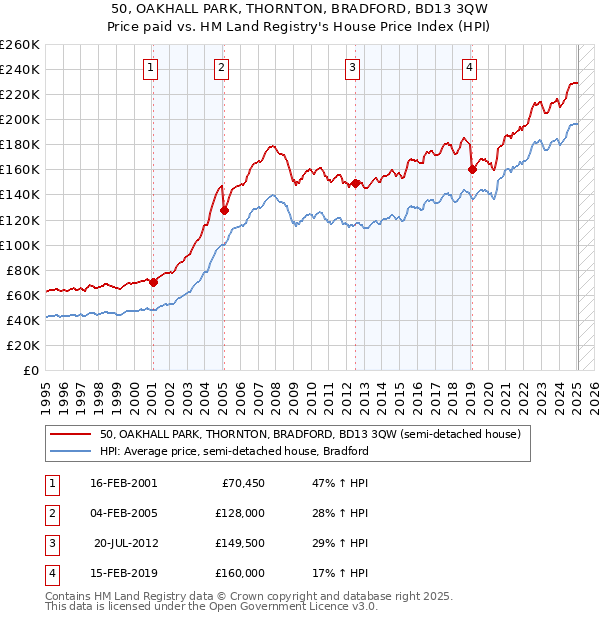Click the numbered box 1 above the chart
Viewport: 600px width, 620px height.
tap(150, 68)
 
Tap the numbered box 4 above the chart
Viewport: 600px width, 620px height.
tap(469, 68)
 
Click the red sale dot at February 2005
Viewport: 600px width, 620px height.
tap(224, 210)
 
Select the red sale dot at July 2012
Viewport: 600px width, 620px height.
tap(355, 183)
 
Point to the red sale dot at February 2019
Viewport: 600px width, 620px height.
tap(472, 170)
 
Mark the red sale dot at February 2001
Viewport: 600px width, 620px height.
tap(153, 282)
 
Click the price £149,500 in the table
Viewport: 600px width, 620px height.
tap(240, 545)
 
